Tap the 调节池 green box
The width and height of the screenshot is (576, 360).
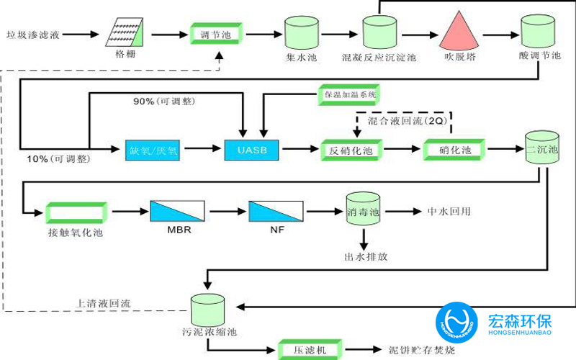216,34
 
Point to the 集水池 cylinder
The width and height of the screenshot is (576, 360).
302,33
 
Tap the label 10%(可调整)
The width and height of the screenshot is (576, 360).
51,158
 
